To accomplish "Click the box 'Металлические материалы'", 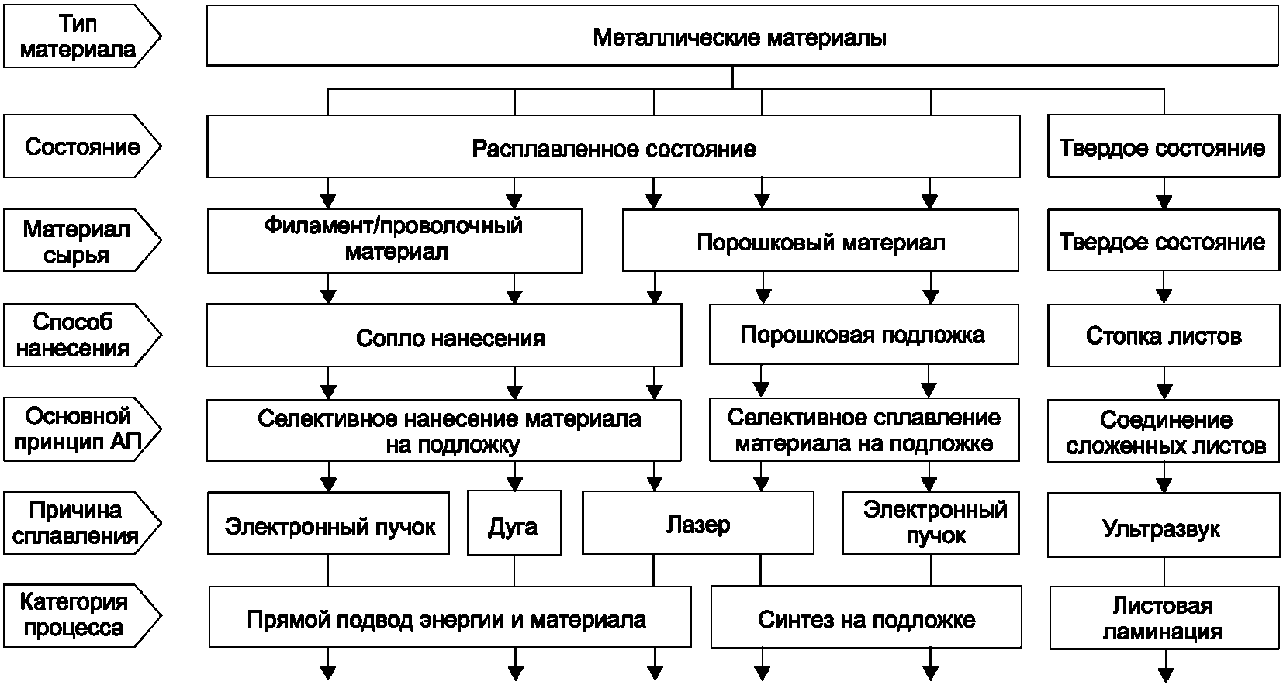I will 741,37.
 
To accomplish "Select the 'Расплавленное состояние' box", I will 613,147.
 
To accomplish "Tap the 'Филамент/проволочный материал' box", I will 394,240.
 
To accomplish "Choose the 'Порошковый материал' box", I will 821,243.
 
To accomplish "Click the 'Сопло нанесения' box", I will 450,337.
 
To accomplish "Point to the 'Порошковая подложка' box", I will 863,335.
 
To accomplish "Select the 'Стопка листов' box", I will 1164,336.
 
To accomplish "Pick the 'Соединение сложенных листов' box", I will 1164,432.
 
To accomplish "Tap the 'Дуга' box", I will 514,525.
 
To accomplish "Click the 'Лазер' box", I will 698,524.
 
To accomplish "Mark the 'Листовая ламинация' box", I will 1163,618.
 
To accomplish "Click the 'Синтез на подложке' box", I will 866,618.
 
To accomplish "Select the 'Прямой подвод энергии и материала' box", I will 448,618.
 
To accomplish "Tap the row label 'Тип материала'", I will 78,37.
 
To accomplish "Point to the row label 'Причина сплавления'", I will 76,523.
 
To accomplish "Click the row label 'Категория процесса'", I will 74,614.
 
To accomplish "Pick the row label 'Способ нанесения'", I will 73,335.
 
